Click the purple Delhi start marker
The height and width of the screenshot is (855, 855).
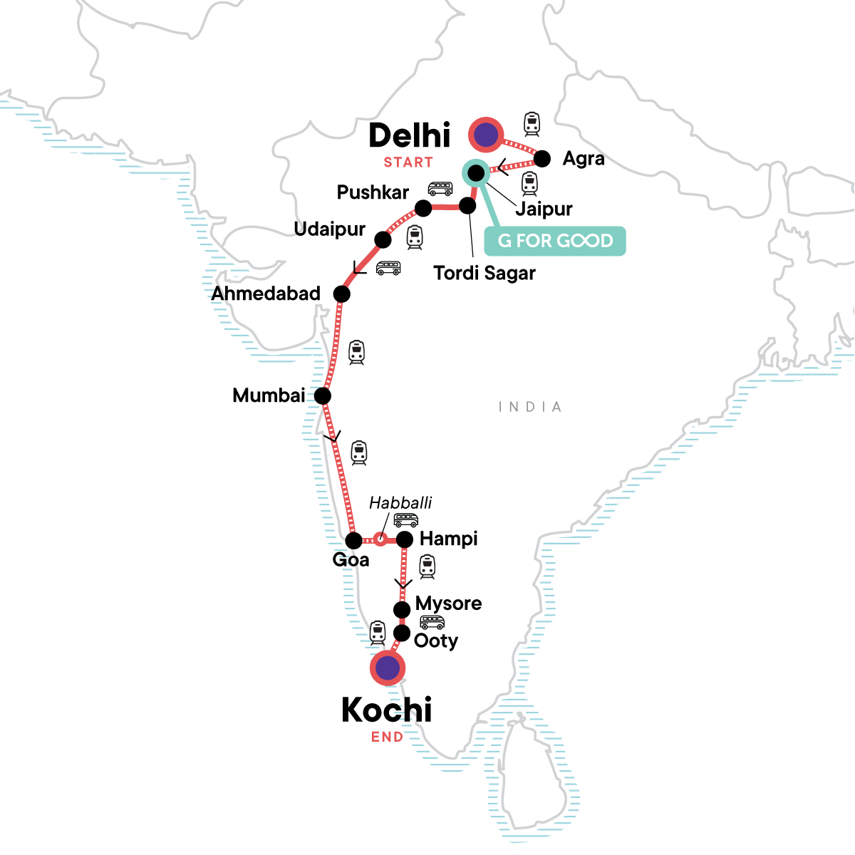(x=486, y=134)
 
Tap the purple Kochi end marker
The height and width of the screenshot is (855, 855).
(x=388, y=668)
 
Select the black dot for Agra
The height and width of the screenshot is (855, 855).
(x=542, y=158)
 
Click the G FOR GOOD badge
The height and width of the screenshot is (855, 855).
(x=555, y=241)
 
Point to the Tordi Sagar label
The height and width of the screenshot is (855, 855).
(x=484, y=273)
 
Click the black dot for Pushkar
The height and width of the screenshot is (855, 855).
(x=423, y=208)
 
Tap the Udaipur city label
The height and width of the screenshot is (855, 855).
(x=329, y=229)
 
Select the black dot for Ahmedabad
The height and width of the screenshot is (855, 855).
(x=342, y=294)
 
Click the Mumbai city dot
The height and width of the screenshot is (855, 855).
(x=323, y=395)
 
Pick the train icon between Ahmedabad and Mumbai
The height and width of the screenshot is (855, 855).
(x=356, y=353)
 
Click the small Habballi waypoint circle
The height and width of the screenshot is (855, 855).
(x=380, y=539)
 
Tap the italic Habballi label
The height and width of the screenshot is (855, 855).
(x=400, y=503)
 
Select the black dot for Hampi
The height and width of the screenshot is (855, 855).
(x=404, y=539)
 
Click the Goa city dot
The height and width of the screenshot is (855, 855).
(x=353, y=540)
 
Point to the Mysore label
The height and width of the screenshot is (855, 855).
(x=448, y=603)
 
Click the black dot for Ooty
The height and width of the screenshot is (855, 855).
(x=402, y=633)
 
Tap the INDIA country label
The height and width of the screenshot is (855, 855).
(x=530, y=407)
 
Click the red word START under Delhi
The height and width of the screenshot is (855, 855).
(x=408, y=162)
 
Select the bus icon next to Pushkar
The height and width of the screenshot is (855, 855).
(x=440, y=189)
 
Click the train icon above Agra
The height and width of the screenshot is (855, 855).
(x=532, y=124)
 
